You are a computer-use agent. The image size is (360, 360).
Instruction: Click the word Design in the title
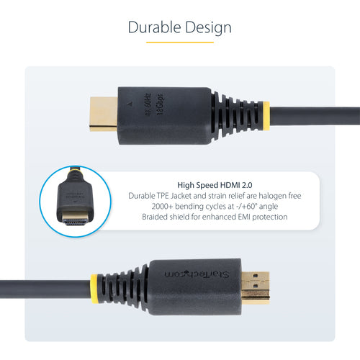click(207, 28)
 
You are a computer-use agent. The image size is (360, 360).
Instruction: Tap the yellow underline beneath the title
click(180, 42)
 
